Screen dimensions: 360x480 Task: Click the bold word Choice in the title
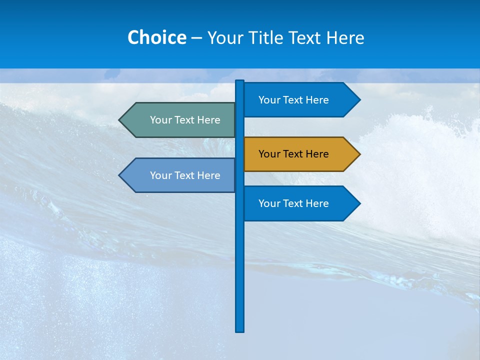click(156, 37)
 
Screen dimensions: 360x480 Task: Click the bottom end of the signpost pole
click(240, 330)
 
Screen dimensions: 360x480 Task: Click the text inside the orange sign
click(293, 154)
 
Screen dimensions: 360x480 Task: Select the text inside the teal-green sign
click(185, 120)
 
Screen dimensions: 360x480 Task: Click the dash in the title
click(196, 38)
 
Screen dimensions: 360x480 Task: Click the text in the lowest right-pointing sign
click(293, 203)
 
